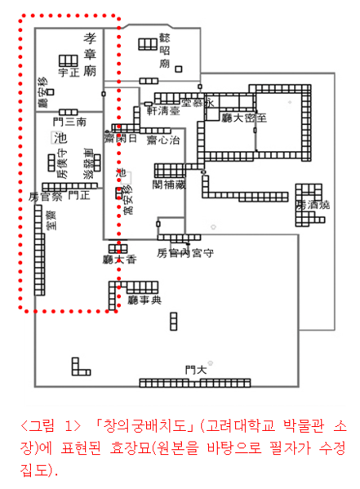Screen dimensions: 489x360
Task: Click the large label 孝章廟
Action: (x=90, y=56)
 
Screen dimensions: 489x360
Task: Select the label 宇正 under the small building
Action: (x=69, y=73)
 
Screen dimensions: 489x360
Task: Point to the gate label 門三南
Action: (x=69, y=121)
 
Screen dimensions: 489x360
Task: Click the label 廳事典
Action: (x=145, y=300)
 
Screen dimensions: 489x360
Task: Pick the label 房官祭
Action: (x=44, y=196)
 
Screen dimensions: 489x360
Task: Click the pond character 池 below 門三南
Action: (x=59, y=139)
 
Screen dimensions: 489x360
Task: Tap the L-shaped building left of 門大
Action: (x=80, y=367)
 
